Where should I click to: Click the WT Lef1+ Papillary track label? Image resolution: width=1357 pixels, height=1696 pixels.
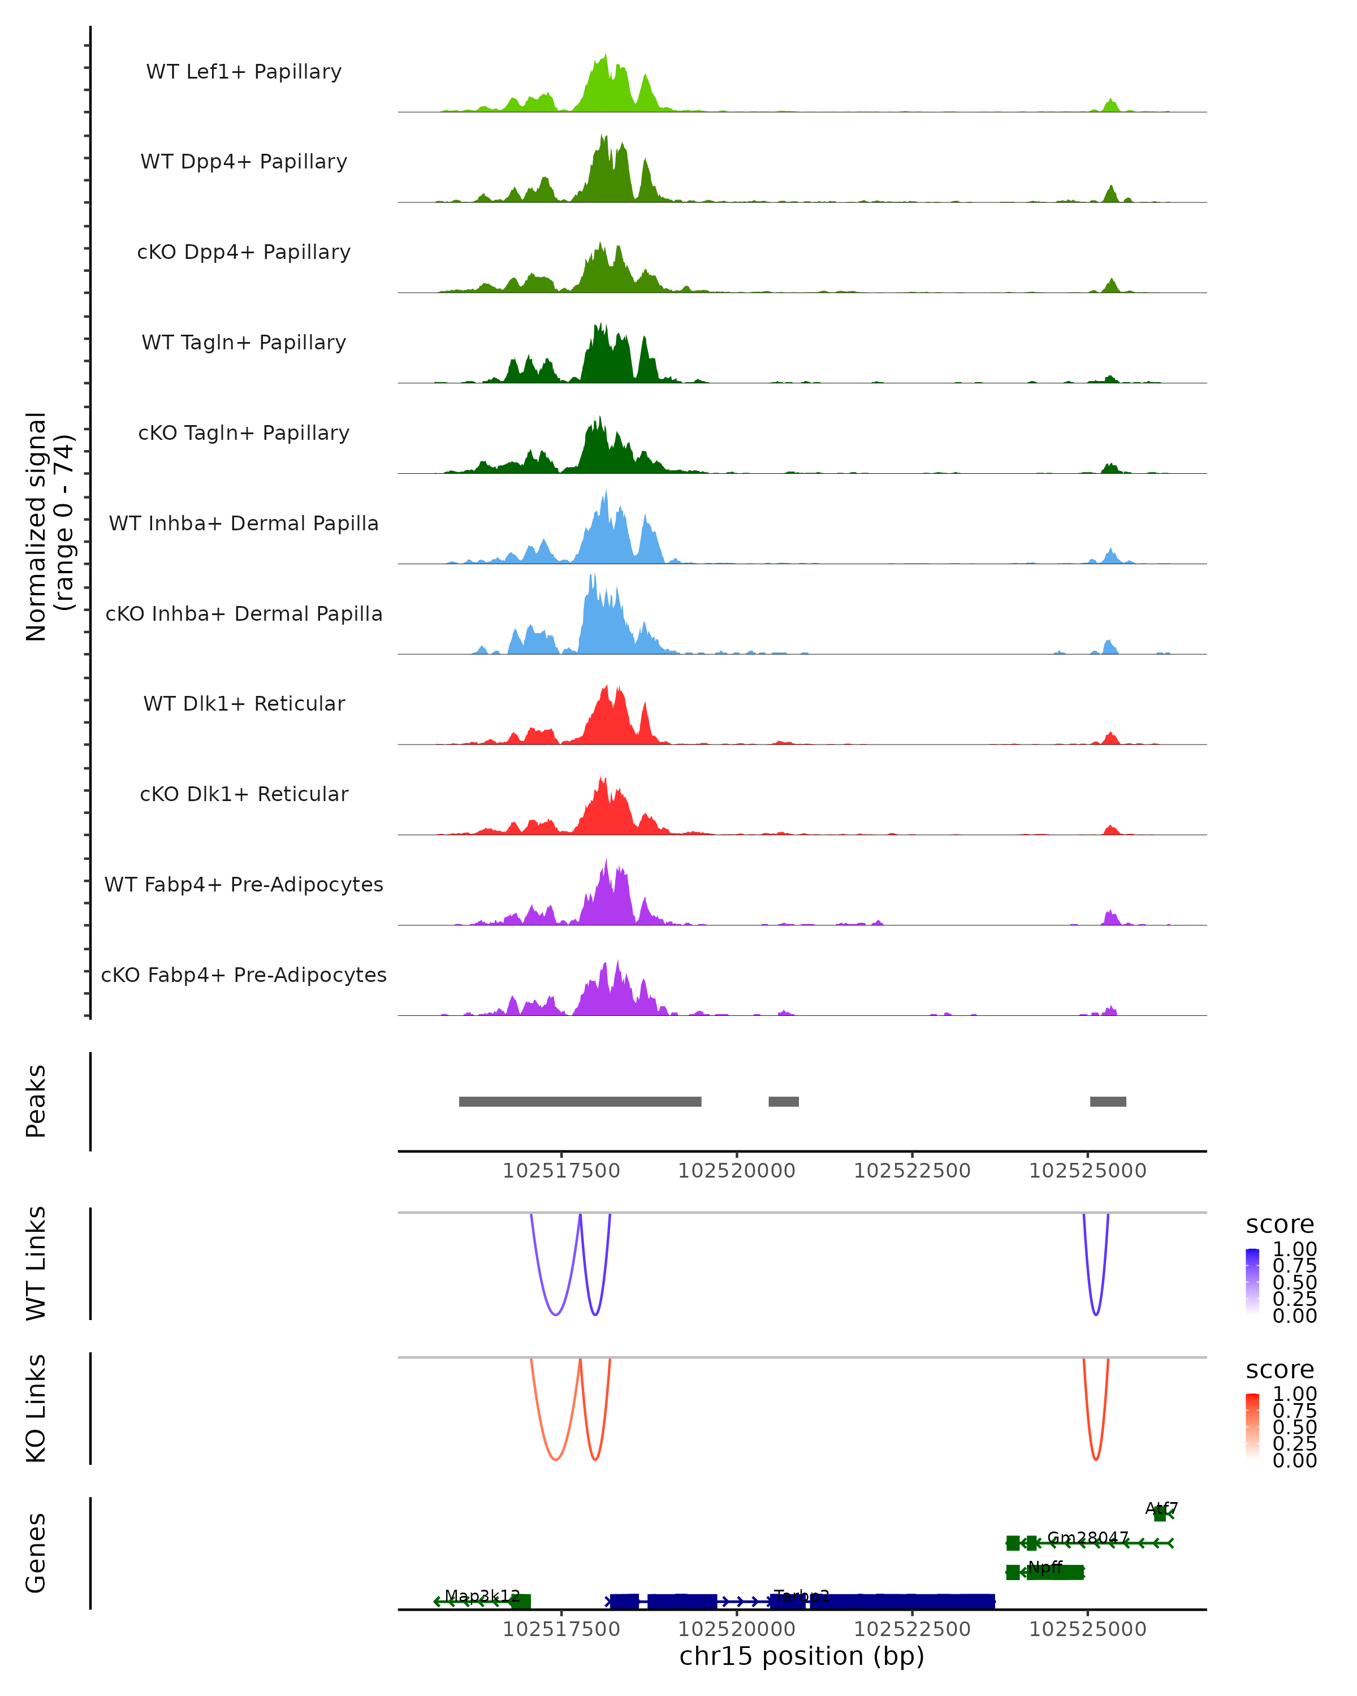tap(244, 72)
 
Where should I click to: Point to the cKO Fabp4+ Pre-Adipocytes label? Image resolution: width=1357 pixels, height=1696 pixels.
tap(244, 975)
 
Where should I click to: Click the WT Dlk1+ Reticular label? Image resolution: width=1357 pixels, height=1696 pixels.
tap(244, 703)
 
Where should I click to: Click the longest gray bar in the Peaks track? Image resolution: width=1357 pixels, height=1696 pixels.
tap(580, 1101)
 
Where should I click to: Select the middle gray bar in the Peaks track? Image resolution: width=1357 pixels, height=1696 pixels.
tap(784, 1101)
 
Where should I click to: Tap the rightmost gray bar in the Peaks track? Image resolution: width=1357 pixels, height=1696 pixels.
tap(1108, 1101)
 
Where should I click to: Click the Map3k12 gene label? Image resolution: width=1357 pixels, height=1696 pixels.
tap(482, 1595)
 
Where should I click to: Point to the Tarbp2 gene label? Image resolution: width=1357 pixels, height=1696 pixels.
tap(802, 1595)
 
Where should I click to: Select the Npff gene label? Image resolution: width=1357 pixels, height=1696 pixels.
tap(1045, 1567)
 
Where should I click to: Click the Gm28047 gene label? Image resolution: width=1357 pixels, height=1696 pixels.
tap(1088, 1537)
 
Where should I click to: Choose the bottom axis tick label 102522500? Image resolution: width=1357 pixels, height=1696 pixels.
tap(912, 1629)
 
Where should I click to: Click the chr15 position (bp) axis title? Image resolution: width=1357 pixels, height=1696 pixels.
tap(802, 1656)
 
